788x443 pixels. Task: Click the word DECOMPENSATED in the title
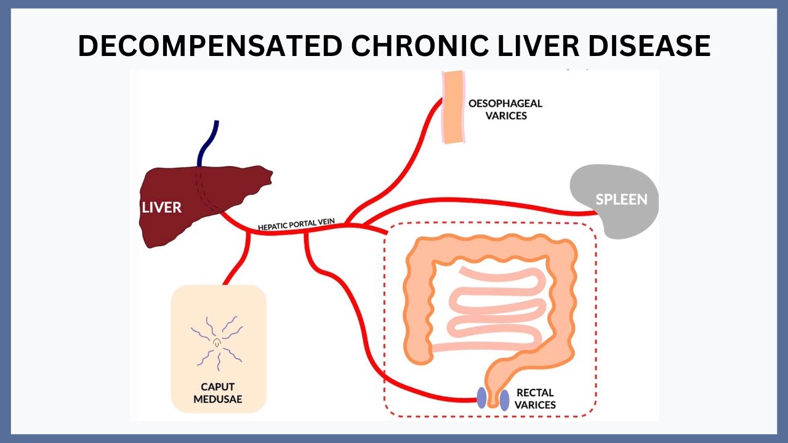[x=210, y=46]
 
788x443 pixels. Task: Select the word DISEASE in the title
[x=649, y=46]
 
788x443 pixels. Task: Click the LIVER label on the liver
[x=161, y=207]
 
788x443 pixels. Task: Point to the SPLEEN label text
[x=621, y=200]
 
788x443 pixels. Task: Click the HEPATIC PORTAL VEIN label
[x=296, y=225]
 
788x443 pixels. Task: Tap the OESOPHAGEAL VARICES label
[x=505, y=110]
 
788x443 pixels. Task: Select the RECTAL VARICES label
[x=535, y=399]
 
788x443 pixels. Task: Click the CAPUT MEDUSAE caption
[x=218, y=393]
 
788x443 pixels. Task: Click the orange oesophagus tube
[x=454, y=107]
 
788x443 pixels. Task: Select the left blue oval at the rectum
[x=481, y=397]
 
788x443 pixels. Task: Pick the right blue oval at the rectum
[x=504, y=400]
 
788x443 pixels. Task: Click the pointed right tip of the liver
[x=272, y=172]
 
